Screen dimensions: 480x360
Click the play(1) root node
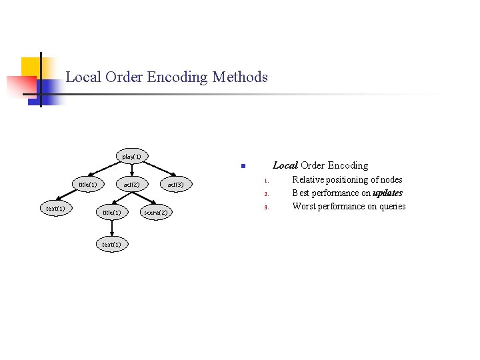pyautogui.click(x=132, y=156)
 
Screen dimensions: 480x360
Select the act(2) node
pyautogui.click(x=132, y=184)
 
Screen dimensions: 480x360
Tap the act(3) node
pyautogui.click(x=176, y=184)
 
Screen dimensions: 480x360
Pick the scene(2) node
pyautogui.click(x=156, y=212)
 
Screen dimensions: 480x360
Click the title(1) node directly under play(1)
pyautogui.click(x=88, y=184)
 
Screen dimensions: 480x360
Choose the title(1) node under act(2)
pyautogui.click(x=112, y=212)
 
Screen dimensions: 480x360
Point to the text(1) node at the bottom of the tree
pyautogui.click(x=112, y=244)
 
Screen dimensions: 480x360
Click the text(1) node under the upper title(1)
pyautogui.click(x=56, y=209)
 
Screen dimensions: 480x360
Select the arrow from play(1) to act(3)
pyautogui.click(x=159, y=169)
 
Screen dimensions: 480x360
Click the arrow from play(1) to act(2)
pyautogui.click(x=132, y=170)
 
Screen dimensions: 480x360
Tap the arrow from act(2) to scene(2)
pyautogui.click(x=144, y=198)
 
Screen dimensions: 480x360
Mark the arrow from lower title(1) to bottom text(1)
pyautogui.click(x=112, y=228)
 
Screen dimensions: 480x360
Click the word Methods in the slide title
pyautogui.click(x=240, y=77)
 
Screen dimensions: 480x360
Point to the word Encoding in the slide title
pyautogui.click(x=177, y=77)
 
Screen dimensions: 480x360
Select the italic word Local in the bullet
pyautogui.click(x=285, y=165)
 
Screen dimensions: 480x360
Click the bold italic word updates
pyautogui.click(x=387, y=193)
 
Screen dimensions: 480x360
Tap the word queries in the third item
pyautogui.click(x=393, y=207)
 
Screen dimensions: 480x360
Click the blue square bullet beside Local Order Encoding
pyautogui.click(x=243, y=166)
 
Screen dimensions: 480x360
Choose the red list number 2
pyautogui.click(x=266, y=194)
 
